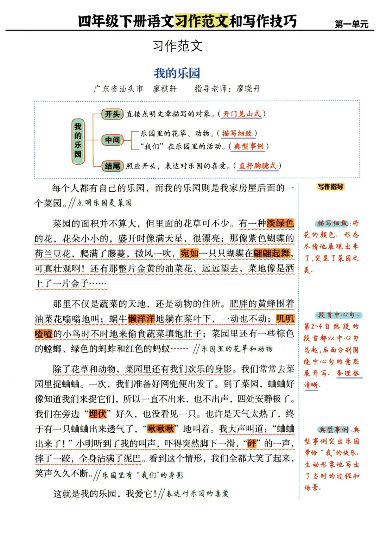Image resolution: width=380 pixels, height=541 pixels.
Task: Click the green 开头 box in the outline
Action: click(x=112, y=114)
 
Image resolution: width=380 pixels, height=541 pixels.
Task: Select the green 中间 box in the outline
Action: click(x=112, y=140)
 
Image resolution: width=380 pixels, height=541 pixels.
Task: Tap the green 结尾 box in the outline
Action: click(x=112, y=166)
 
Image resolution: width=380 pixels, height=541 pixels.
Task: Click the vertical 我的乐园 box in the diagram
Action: click(x=78, y=141)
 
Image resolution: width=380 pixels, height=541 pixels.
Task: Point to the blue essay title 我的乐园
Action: click(x=177, y=73)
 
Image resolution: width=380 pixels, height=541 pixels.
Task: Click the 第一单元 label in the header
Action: click(x=351, y=24)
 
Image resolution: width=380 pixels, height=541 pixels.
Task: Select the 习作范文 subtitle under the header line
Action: click(x=177, y=46)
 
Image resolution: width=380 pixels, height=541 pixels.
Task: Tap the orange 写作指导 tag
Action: click(x=330, y=187)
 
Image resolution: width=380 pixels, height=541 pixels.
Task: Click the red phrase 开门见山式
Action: click(x=242, y=114)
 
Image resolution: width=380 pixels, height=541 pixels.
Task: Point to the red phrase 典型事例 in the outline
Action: click(x=248, y=146)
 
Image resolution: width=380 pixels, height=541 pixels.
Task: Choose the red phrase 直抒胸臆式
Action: click(x=258, y=166)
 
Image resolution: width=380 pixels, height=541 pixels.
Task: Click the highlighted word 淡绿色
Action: click(x=280, y=223)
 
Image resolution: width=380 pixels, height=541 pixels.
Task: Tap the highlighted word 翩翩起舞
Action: click(x=272, y=253)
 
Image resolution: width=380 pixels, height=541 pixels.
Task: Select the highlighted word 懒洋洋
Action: click(x=141, y=319)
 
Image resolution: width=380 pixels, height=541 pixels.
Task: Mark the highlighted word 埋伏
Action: click(x=97, y=414)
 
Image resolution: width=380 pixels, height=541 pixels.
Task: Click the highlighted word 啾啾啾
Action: click(x=160, y=429)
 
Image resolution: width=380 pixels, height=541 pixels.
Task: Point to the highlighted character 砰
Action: click(x=252, y=444)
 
